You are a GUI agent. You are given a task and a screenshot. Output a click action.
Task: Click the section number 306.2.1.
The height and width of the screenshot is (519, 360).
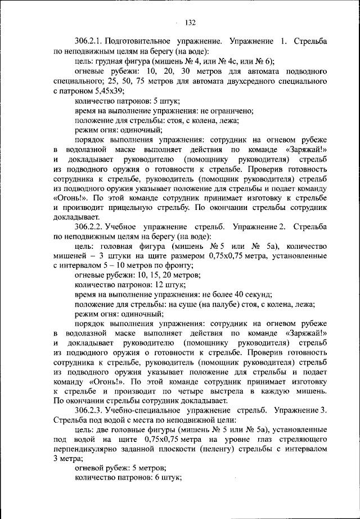tap(91, 42)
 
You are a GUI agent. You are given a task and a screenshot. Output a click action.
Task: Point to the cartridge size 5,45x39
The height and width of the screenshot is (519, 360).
tap(109, 91)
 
